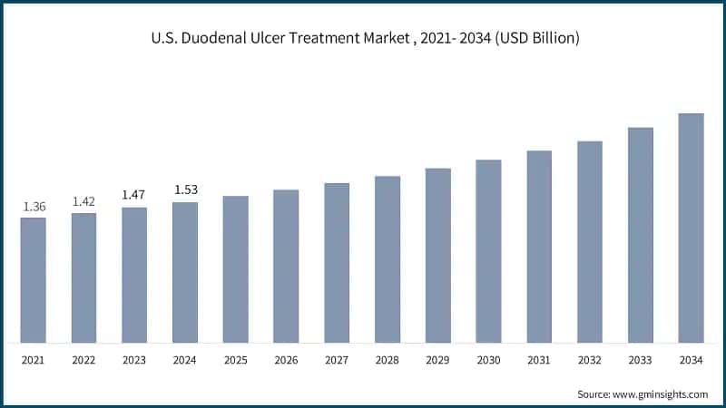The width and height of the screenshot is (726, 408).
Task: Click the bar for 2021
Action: click(34, 280)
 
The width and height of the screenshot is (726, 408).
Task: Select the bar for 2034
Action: click(692, 228)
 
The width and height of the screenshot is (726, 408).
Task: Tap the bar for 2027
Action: click(337, 263)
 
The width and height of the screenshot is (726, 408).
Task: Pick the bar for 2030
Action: click(489, 251)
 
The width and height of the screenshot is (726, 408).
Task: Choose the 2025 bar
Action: click(236, 269)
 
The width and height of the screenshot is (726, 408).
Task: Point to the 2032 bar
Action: click(590, 242)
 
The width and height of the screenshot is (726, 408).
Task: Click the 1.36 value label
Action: click(34, 208)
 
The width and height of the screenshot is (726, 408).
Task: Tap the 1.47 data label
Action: click(134, 196)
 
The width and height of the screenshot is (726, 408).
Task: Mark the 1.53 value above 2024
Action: click(185, 189)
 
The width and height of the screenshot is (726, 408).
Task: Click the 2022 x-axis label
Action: click(84, 361)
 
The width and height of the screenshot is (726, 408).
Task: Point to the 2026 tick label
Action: click(287, 361)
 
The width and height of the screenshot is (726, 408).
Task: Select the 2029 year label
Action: click(438, 361)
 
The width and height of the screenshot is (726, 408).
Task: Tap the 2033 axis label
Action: click(641, 361)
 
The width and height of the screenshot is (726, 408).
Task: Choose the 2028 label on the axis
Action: click(388, 361)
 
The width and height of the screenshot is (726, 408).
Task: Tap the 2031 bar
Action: click(539, 247)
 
